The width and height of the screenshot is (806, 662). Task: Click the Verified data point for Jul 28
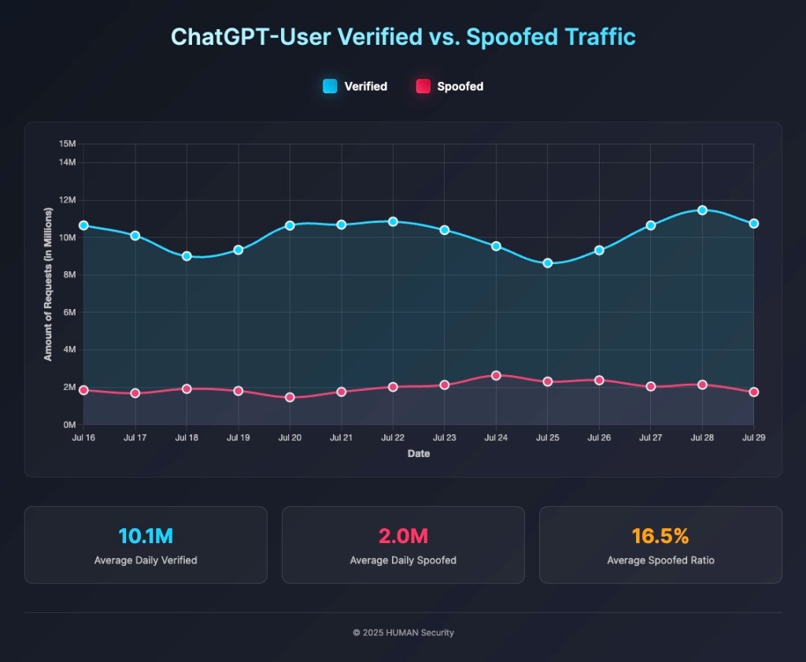pyautogui.click(x=702, y=210)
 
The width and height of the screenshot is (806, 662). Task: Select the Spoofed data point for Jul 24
pyautogui.click(x=496, y=375)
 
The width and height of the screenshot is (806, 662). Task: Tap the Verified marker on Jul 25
pyautogui.click(x=548, y=263)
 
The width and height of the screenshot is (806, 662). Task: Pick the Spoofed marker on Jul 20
pyautogui.click(x=290, y=397)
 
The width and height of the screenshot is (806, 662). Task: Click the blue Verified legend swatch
pyautogui.click(x=330, y=86)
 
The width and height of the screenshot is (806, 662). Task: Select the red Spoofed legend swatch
pyautogui.click(x=423, y=86)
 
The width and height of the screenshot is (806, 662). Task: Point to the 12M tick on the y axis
pyautogui.click(x=67, y=200)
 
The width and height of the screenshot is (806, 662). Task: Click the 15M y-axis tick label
pyautogui.click(x=67, y=144)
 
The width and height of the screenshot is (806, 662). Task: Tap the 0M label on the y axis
pyautogui.click(x=68, y=425)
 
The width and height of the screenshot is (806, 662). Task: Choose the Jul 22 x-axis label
pyautogui.click(x=393, y=437)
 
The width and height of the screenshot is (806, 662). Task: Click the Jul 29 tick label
pyautogui.click(x=754, y=437)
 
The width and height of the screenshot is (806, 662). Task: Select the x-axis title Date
pyautogui.click(x=419, y=454)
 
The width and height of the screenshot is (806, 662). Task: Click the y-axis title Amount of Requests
pyautogui.click(x=48, y=285)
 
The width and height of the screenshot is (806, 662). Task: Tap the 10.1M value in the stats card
pyautogui.click(x=146, y=537)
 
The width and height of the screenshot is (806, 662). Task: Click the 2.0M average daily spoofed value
pyautogui.click(x=403, y=537)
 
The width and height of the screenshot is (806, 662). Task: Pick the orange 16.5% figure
pyautogui.click(x=660, y=537)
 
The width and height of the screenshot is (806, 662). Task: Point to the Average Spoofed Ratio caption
pyautogui.click(x=660, y=560)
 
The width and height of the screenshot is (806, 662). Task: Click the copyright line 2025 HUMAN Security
pyautogui.click(x=403, y=632)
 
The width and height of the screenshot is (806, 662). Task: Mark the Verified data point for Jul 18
pyautogui.click(x=187, y=256)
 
